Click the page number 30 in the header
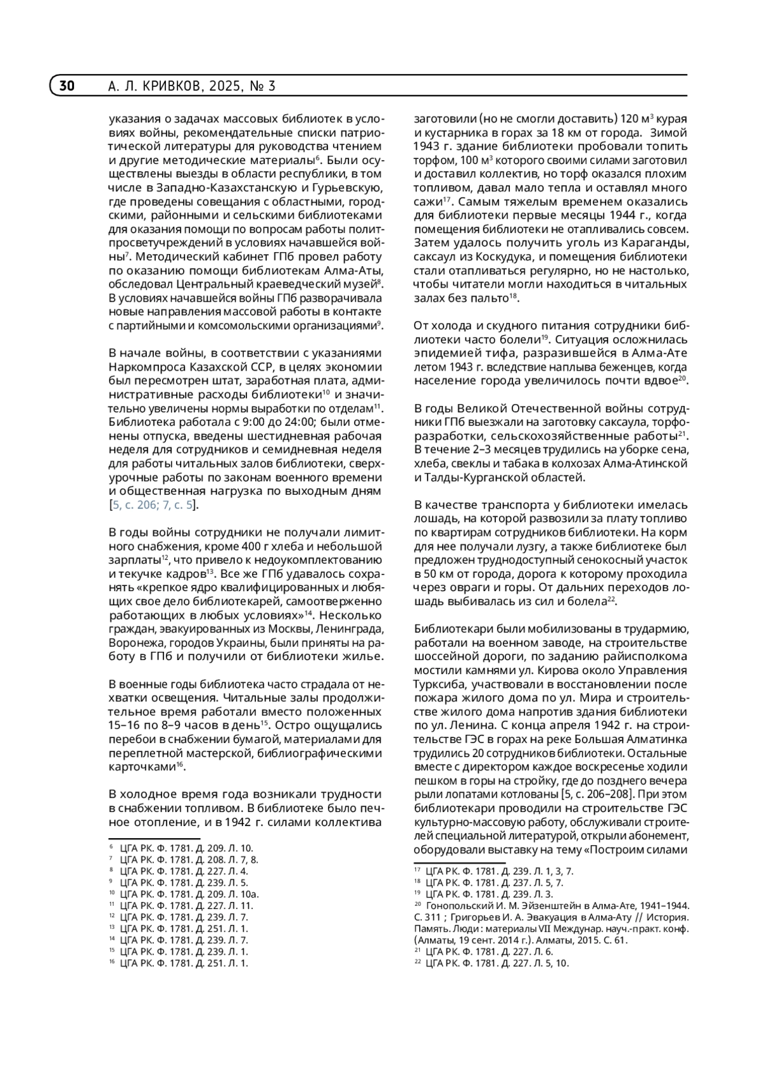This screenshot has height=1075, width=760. [x=66, y=86]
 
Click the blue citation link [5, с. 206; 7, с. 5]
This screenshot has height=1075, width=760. [x=154, y=505]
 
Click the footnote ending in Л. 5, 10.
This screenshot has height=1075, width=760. [x=497, y=964]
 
